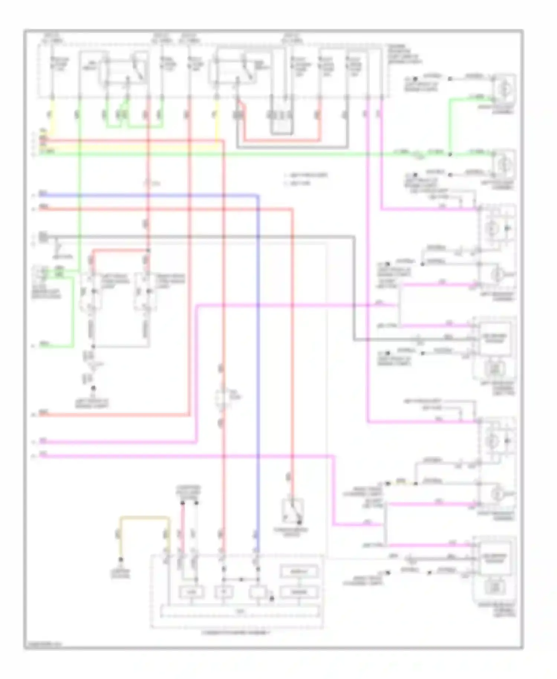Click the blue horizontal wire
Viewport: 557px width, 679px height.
149,195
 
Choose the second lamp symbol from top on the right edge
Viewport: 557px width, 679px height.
504,165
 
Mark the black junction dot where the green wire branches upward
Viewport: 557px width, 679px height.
450,154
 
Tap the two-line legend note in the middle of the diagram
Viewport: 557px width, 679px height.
306,179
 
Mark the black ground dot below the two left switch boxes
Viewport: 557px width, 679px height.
93,388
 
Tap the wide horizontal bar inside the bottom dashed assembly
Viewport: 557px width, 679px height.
240,611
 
